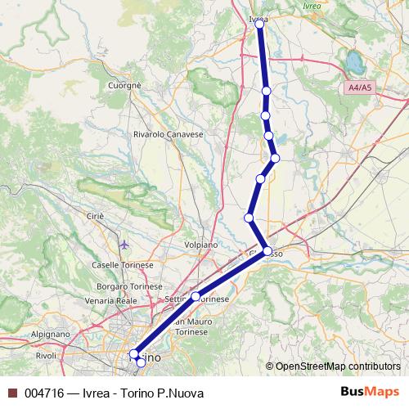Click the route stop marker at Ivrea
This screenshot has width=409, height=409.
259,24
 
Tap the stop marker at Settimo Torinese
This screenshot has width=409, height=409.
196,296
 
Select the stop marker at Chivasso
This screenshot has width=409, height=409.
267,251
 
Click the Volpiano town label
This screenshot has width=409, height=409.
200,244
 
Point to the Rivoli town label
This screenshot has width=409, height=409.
45,356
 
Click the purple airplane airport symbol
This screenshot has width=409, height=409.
124,244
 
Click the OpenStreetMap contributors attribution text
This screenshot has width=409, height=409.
338,366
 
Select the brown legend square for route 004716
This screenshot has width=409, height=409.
11,393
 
